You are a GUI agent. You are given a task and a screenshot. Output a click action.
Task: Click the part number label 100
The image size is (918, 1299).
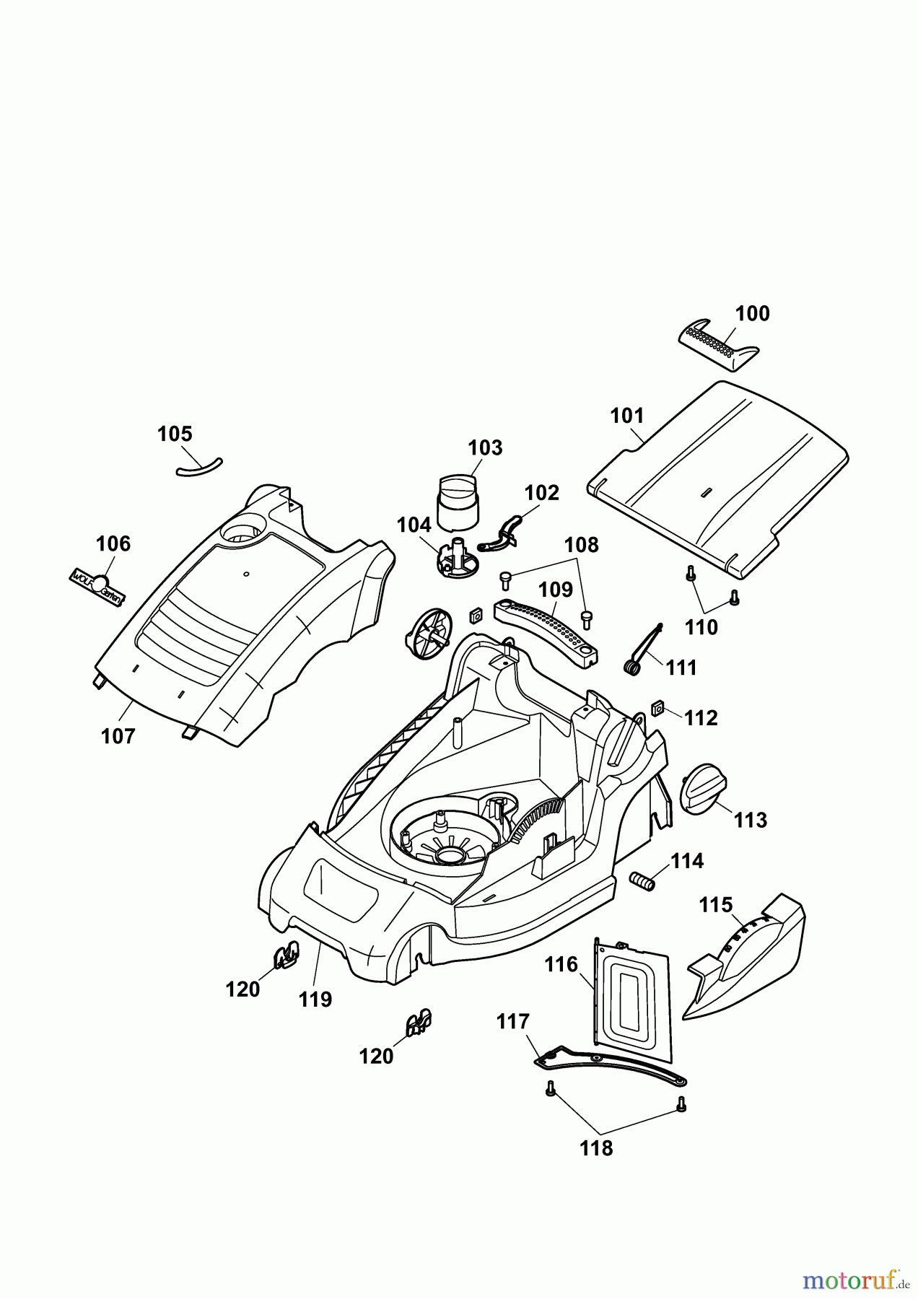click(x=752, y=314)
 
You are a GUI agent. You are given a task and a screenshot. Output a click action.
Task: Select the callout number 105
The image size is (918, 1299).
click(x=175, y=434)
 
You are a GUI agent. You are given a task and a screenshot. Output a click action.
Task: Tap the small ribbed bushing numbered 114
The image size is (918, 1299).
click(x=642, y=881)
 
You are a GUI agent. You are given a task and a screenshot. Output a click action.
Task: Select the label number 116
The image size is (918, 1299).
click(x=561, y=964)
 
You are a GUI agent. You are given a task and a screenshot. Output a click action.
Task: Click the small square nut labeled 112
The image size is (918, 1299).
click(x=657, y=709)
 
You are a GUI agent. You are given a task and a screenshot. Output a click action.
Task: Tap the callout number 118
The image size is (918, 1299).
click(x=596, y=1148)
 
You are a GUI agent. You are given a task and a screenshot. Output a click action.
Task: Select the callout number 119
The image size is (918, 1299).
click(x=315, y=1000)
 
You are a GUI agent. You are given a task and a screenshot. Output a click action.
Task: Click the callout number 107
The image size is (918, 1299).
click(x=118, y=736)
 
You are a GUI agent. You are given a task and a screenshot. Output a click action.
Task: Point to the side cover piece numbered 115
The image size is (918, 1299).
click(x=751, y=960)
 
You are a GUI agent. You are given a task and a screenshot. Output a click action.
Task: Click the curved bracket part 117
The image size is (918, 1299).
click(x=610, y=1065)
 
